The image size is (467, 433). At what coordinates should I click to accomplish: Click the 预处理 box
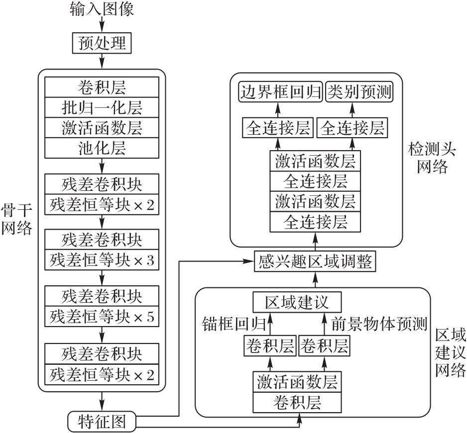point(102,44)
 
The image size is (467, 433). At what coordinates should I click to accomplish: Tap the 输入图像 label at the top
point(102,9)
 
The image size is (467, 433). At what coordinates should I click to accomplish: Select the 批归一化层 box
point(102,108)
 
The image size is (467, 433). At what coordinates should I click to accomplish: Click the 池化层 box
point(102,148)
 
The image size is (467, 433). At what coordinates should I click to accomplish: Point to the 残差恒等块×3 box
point(102,260)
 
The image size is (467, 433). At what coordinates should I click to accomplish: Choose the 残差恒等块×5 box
point(102,316)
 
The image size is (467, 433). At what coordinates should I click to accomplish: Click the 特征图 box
point(101,422)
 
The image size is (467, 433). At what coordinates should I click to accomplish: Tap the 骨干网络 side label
point(16,219)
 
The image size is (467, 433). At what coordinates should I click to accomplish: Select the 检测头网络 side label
point(427,156)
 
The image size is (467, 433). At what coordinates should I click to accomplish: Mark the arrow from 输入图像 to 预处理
point(102,25)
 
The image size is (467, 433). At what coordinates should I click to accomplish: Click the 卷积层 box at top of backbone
point(102,88)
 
